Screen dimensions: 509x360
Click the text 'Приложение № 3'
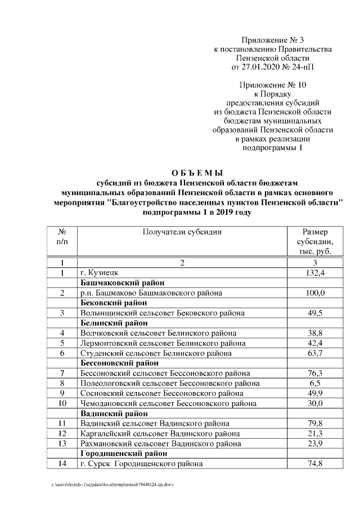click(272, 40)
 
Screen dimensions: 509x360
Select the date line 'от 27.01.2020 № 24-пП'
click(272, 67)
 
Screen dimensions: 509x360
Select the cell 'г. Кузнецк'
click(99, 273)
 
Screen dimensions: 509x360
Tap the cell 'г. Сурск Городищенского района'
click(142, 464)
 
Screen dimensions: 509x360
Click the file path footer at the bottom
click(112, 484)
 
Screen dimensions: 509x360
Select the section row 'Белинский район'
click(114, 323)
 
